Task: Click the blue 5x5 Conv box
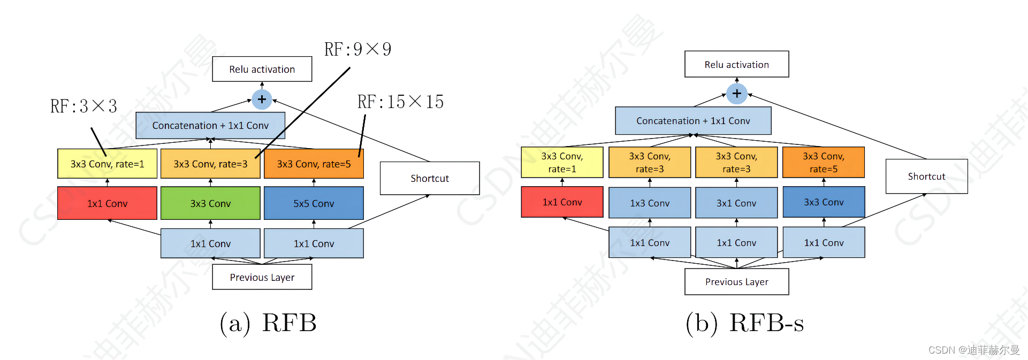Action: [314, 203]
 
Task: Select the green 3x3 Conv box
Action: [210, 203]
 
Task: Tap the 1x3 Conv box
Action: [650, 203]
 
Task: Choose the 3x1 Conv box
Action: [736, 203]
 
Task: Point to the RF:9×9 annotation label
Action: [357, 49]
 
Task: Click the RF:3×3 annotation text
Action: [83, 106]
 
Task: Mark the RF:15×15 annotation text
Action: [400, 102]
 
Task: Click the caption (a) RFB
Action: [268, 323]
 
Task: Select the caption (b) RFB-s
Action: [745, 323]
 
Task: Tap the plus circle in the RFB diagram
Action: [262, 99]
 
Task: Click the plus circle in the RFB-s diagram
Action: [737, 94]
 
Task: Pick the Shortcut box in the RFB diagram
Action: [430, 178]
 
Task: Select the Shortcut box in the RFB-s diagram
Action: [927, 176]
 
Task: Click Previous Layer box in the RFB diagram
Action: [262, 277]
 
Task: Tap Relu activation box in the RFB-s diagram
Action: [737, 64]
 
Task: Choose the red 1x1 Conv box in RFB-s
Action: [562, 202]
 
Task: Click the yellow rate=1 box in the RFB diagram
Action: [107, 164]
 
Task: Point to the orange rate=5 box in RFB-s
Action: [824, 162]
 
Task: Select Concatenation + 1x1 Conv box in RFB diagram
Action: [210, 125]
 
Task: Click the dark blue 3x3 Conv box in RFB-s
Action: [824, 202]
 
